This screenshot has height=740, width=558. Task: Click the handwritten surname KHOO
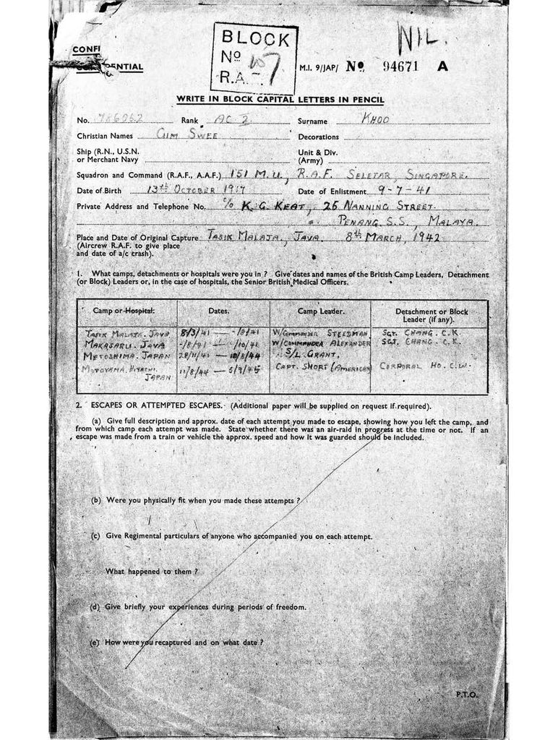376,120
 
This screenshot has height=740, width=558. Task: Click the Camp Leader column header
321,311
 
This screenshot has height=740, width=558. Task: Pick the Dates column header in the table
219,310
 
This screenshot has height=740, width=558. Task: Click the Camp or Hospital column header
124,311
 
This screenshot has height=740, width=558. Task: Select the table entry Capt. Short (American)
323,367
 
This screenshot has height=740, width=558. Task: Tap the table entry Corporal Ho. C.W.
425,366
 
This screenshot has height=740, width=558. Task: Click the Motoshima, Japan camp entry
127,355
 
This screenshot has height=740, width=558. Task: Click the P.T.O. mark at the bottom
466,694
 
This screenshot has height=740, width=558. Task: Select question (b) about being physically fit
195,500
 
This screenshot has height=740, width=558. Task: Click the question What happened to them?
152,572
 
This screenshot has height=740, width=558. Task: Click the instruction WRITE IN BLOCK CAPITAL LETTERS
280,100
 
